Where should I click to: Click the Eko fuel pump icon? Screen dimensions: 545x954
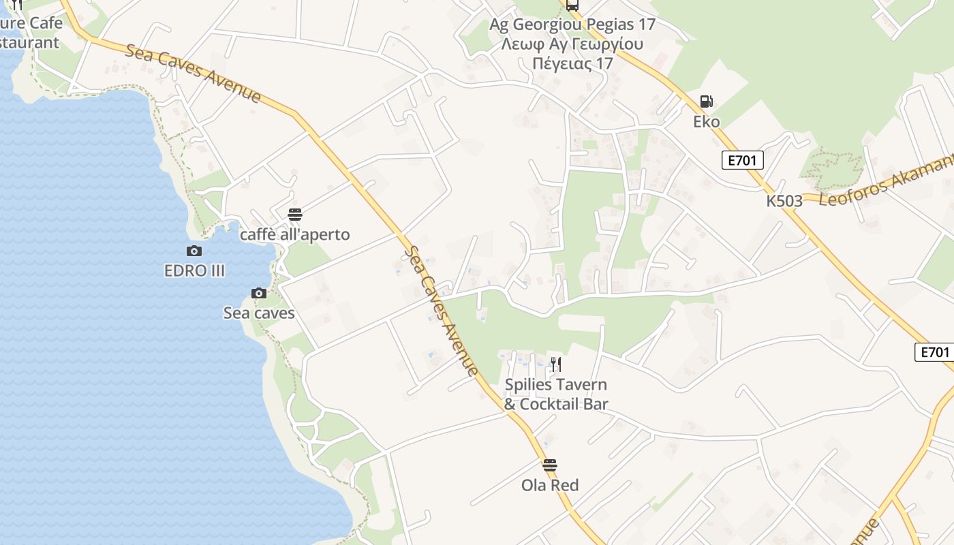[x=707, y=102]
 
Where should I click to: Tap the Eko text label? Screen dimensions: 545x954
[x=707, y=122]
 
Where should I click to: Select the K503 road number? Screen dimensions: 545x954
[x=784, y=201]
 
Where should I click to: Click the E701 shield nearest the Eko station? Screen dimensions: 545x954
[x=742, y=161]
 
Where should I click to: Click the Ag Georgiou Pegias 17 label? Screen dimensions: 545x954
[x=572, y=25]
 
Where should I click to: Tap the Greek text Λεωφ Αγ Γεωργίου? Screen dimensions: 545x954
[x=572, y=44]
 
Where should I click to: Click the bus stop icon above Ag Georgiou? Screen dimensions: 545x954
[x=572, y=5]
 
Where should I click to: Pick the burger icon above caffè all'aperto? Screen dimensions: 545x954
[x=295, y=215]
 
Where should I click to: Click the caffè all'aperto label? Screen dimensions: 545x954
[x=295, y=235]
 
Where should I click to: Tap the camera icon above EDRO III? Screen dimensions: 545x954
[x=194, y=251]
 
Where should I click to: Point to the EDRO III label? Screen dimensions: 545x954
[x=194, y=270]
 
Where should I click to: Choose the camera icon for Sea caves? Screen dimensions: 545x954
[x=259, y=294]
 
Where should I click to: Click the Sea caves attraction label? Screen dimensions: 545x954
[x=259, y=313]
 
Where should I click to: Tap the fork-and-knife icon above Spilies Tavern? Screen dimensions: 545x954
[x=556, y=364]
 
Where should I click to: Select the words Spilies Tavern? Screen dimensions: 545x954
[x=556, y=385]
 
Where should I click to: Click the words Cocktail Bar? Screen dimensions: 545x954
[x=564, y=404]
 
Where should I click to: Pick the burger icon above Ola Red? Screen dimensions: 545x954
[x=550, y=465]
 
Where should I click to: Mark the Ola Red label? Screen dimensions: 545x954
[x=550, y=486]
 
